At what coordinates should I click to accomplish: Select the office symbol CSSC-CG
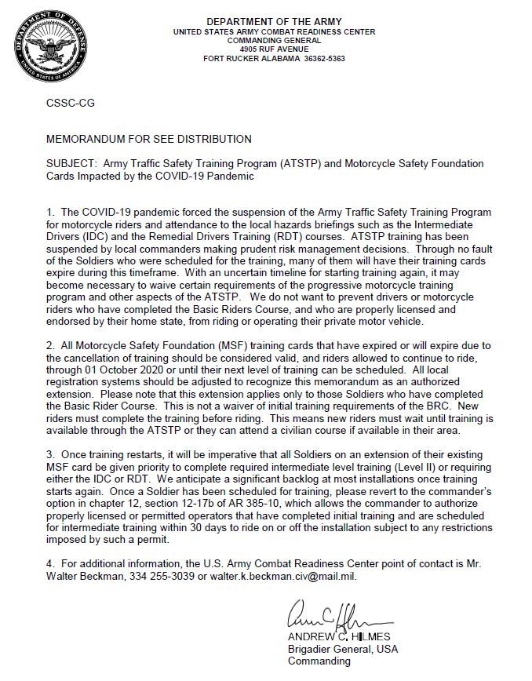71,103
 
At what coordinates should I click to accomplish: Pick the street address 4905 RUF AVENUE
274,49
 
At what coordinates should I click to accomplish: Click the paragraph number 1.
49,213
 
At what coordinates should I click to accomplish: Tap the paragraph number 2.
49,347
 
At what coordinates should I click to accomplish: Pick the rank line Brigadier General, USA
343,649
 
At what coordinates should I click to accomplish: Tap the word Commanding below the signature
319,661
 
